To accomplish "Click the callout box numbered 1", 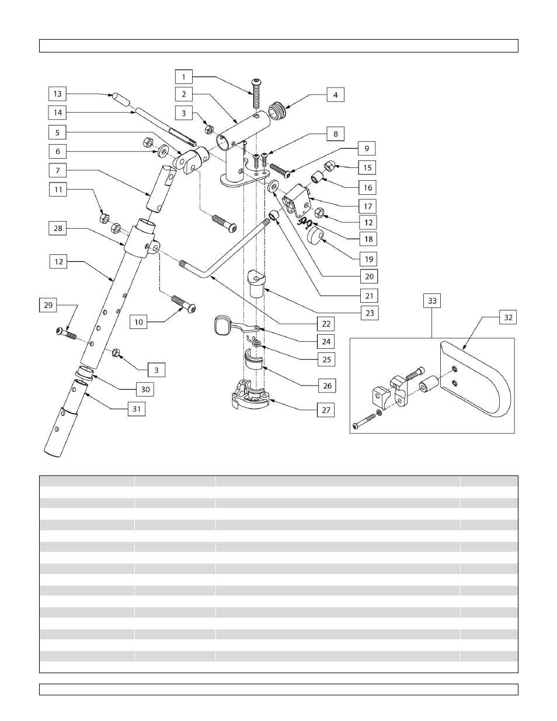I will [183, 77].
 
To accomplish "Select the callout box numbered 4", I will [335, 94].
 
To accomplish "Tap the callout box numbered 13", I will [57, 94].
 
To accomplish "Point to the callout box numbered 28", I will [58, 228].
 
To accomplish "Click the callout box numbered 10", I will [138, 322].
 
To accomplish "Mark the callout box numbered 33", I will [432, 301].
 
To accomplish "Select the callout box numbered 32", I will [508, 317].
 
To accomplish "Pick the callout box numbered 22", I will [326, 323].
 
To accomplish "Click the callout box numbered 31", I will [137, 409].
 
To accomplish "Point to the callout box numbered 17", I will [368, 206].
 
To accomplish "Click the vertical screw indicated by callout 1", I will [255, 93].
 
